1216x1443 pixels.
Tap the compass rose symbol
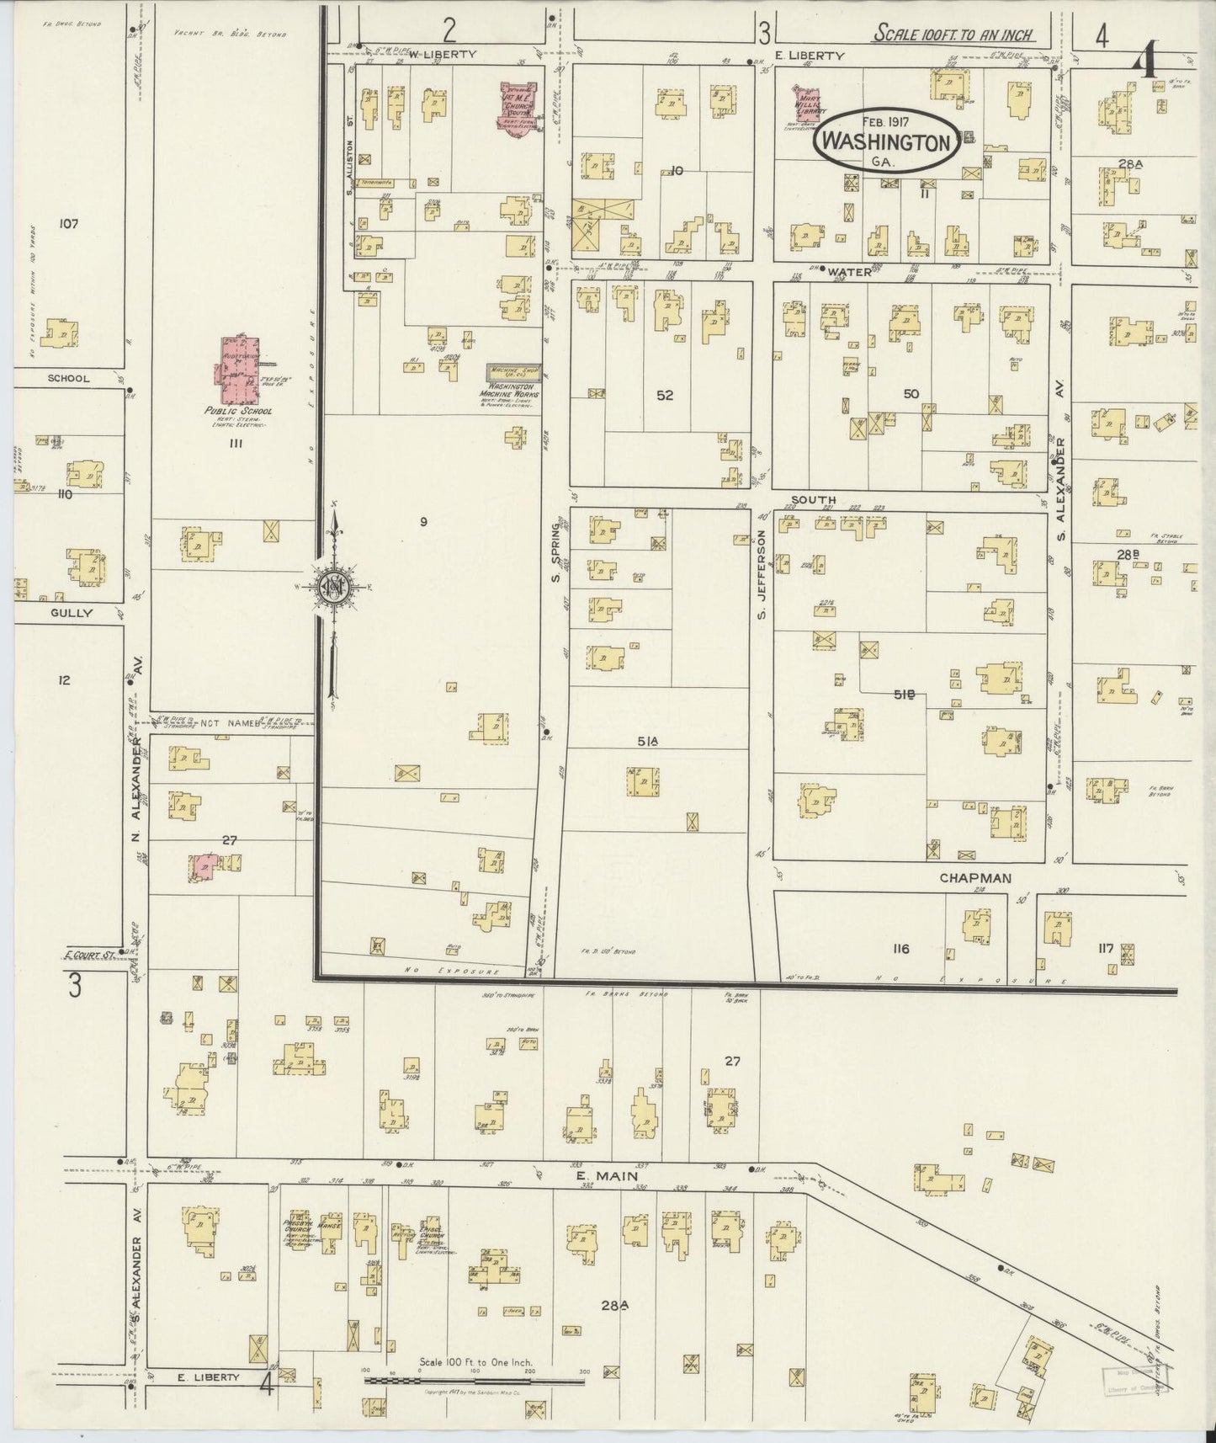coord(333,587)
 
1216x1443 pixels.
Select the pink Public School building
coord(240,370)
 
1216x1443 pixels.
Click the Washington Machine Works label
coord(509,393)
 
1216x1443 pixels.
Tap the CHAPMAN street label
coord(974,877)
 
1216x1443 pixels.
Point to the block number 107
coord(68,223)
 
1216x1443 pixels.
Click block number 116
coord(900,949)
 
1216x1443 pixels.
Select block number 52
coord(665,394)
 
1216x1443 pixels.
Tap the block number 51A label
coord(646,741)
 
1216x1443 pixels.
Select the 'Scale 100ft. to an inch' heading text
coord(953,35)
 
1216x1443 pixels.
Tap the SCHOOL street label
coord(68,378)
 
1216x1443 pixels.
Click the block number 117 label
coord(1105,949)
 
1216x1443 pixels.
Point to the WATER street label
coord(847,272)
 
